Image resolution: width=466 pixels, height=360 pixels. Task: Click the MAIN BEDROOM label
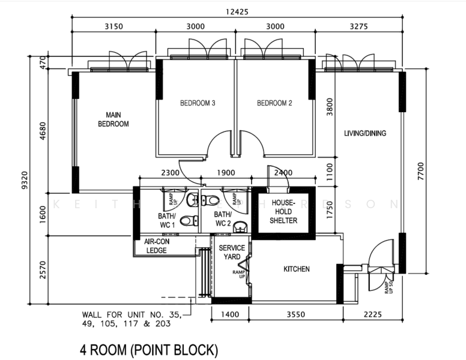coord(113,119)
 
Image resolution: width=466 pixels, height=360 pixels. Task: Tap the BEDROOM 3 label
coord(198,103)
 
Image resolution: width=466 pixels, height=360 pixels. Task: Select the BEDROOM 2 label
coord(274,103)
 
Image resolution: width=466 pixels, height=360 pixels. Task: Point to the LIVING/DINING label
coord(365,133)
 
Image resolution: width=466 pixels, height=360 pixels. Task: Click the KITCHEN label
coord(297,269)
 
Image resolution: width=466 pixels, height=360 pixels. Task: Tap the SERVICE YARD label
coord(231,252)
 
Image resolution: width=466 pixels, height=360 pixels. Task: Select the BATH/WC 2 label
coord(223,219)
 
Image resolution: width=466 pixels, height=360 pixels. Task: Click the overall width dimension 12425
coord(236,11)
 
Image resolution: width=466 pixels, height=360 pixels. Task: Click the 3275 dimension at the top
coord(357,26)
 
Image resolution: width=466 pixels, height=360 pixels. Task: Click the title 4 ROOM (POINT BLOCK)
coord(149,349)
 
